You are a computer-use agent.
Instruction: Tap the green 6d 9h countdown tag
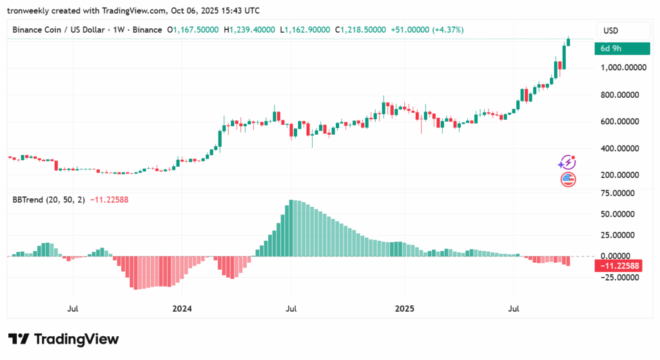click(622, 48)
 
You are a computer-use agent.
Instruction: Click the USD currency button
click(611, 30)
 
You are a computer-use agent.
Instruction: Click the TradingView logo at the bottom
click(63, 339)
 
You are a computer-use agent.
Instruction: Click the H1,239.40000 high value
click(249, 30)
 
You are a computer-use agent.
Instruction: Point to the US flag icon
click(568, 179)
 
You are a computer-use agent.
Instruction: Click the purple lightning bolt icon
click(568, 162)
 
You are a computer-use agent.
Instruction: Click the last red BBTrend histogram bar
click(568, 261)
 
